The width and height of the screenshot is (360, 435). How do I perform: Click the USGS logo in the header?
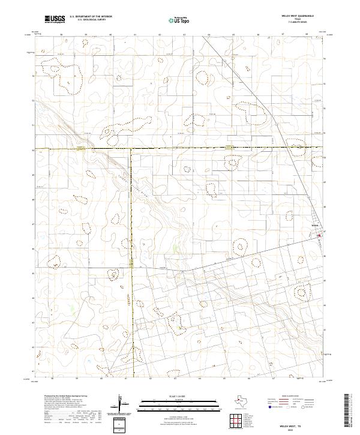[55, 19]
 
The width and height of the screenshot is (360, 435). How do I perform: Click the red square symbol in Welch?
[319, 235]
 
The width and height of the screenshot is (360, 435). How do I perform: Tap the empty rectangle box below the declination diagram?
[120, 424]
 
